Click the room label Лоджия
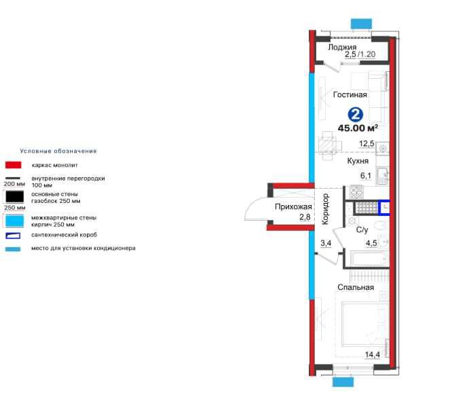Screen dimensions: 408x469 coord(343,47)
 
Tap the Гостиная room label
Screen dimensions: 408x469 coord(350,94)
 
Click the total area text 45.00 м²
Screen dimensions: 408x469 coord(362,128)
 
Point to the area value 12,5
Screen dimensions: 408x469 coord(367,143)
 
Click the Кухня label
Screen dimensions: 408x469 coord(358,162)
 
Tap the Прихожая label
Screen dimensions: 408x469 coord(293,206)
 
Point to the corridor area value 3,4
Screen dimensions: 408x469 coord(325,242)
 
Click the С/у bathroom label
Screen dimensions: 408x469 coord(362,230)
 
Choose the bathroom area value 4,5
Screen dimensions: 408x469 coord(372,242)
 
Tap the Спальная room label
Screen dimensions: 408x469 coord(356,287)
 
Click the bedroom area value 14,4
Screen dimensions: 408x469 coord(373,354)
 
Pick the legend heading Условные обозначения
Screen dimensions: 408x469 coord(58,151)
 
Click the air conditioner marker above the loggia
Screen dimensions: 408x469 coord(361,24)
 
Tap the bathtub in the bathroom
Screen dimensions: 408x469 coord(367,259)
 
